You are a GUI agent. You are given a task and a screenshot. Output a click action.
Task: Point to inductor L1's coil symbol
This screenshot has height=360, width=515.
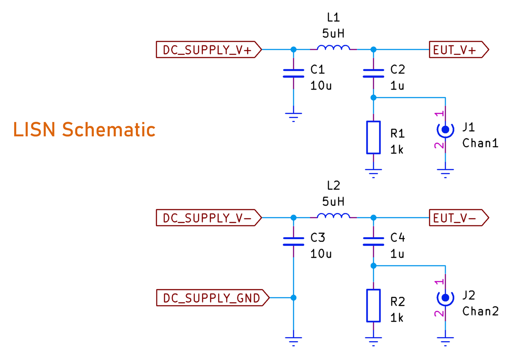(x=333, y=48)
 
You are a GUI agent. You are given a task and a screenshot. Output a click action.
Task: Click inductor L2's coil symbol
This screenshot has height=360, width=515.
(x=333, y=216)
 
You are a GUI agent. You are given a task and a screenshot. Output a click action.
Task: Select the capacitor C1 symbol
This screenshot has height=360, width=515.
(x=294, y=73)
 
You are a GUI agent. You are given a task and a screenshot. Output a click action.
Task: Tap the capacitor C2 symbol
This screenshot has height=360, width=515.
(x=373, y=73)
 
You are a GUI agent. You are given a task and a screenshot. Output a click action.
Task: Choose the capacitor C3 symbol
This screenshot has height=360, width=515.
(x=294, y=242)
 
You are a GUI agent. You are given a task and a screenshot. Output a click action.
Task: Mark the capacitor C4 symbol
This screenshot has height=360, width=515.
(x=373, y=242)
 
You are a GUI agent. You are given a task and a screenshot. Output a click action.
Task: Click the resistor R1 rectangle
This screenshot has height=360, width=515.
(x=373, y=137)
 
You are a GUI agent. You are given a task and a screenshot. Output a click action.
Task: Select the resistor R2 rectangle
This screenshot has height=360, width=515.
(x=373, y=306)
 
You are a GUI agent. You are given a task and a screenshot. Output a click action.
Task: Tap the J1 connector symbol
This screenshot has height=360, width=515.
(x=445, y=130)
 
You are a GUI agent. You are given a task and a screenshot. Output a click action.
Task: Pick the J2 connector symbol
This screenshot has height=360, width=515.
(x=445, y=297)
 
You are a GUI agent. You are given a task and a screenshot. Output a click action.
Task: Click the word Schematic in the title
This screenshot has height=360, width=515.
(x=108, y=130)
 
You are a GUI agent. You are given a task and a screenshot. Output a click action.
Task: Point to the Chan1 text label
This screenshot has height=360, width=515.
(x=480, y=143)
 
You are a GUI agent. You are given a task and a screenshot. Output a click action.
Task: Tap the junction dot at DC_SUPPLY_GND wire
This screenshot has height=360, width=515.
(x=294, y=298)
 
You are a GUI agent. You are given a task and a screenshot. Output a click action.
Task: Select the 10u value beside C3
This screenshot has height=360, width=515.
(x=321, y=254)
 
